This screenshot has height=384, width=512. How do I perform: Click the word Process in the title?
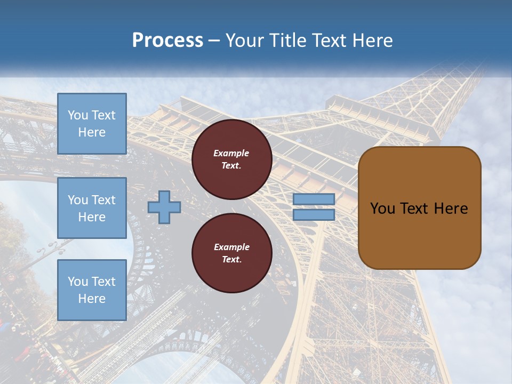click(167, 41)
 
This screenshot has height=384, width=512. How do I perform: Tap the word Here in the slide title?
click(372, 41)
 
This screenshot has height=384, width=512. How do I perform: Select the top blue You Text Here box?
click(92, 124)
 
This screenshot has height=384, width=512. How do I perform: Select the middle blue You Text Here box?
click(92, 208)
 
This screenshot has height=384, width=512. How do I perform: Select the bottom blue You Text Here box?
click(92, 290)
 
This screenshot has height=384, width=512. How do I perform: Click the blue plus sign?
click(164, 207)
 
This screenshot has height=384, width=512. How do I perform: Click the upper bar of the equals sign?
click(314, 199)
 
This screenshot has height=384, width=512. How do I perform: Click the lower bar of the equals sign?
click(314, 214)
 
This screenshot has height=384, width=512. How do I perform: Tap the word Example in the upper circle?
click(231, 153)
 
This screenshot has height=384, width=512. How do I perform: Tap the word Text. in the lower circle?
click(231, 260)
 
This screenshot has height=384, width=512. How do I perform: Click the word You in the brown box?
click(382, 209)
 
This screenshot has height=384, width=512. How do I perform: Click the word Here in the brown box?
click(451, 209)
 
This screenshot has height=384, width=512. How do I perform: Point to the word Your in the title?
click(244, 41)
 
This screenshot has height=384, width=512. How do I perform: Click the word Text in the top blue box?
click(103, 115)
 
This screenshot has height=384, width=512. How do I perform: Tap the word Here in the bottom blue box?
click(92, 299)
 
